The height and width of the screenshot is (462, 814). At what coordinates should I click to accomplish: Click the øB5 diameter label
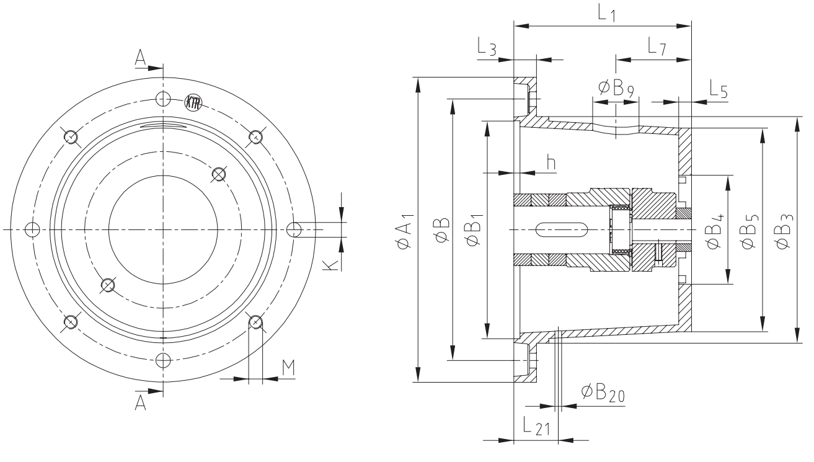tap(749, 229)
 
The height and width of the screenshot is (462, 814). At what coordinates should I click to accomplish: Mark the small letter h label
tap(551, 162)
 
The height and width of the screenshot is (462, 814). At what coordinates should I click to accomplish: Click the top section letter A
tap(141, 57)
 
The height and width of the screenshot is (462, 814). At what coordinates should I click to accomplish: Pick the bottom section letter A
tap(141, 402)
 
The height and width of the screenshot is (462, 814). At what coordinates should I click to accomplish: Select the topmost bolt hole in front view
tap(162, 98)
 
